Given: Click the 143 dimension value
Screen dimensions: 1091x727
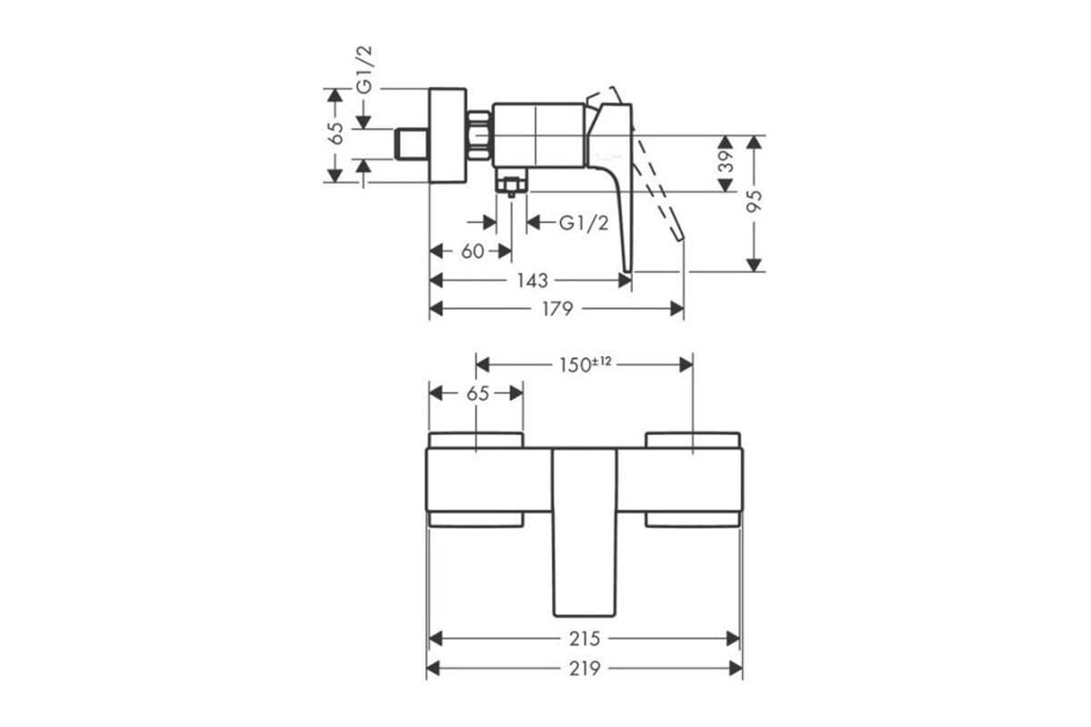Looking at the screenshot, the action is coord(533,281).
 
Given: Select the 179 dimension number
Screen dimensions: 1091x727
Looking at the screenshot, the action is coord(557,309).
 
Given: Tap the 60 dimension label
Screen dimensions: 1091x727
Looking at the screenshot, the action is coord(473,252).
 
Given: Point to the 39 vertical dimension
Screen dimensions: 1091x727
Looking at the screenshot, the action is coord(726,161).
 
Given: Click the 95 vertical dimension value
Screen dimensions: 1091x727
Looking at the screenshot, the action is coord(755,201).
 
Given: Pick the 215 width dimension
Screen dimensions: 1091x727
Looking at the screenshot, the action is coord(585,639).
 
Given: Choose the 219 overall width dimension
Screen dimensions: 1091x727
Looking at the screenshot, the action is coord(585,669).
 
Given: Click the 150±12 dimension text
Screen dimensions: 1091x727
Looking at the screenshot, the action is coord(585,364).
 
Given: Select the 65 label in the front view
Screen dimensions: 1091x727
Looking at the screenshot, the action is coord(477,393).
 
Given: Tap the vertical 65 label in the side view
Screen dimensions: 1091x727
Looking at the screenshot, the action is coord(335,134).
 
